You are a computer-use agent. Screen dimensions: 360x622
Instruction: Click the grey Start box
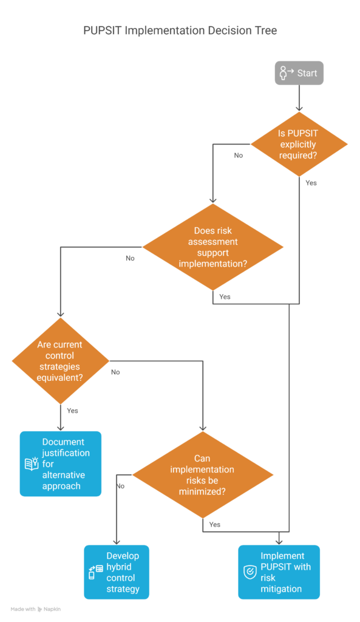299,73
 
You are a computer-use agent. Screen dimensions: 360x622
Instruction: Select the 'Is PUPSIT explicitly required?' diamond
299,144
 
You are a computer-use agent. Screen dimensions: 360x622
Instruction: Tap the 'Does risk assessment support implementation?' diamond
213,247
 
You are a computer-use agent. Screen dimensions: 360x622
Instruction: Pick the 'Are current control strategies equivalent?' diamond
60,361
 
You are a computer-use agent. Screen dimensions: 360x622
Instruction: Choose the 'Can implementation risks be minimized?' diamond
203,475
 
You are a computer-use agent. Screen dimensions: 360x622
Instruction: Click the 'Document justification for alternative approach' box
61,463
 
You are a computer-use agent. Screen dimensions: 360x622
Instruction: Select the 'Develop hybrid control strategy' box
117,572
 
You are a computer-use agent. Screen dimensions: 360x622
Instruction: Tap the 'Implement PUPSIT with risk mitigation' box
279,572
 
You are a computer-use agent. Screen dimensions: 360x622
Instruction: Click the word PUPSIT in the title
102,30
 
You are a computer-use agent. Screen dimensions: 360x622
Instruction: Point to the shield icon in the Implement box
250,572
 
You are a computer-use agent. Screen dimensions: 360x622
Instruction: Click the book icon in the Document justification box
32,463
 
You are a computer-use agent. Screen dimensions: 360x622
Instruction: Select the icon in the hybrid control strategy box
95,572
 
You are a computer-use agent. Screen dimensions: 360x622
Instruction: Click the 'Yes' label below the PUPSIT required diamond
311,183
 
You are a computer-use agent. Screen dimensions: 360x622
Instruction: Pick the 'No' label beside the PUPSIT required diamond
239,155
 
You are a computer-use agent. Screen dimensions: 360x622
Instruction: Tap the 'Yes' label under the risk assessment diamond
225,296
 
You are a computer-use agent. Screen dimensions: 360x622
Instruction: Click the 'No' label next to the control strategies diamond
115,372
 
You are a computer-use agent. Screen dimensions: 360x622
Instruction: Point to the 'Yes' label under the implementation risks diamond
215,524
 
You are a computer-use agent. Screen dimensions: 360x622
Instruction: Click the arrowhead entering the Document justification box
60,428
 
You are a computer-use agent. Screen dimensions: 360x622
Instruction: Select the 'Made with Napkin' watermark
36,609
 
